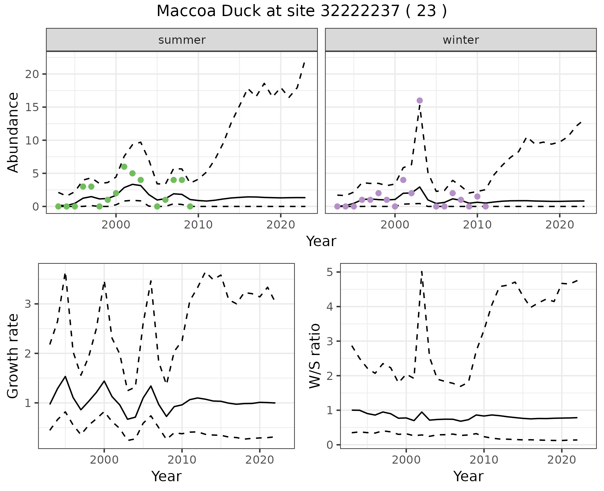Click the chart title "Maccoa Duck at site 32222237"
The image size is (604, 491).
click(x=301, y=11)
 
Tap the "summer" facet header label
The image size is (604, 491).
click(x=182, y=40)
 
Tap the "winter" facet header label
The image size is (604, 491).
click(x=461, y=40)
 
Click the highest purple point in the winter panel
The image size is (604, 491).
click(x=420, y=101)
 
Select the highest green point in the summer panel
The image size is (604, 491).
click(x=124, y=167)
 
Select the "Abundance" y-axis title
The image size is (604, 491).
click(x=13, y=132)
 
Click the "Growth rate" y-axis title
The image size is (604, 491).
click(x=13, y=356)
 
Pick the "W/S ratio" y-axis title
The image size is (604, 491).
click(x=315, y=356)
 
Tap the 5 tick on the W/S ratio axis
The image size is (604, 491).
click(x=333, y=272)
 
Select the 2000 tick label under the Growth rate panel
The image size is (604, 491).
click(x=104, y=460)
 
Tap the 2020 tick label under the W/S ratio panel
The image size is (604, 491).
click(x=562, y=460)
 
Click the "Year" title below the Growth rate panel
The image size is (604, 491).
click(x=166, y=477)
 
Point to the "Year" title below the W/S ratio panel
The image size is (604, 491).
click(x=468, y=477)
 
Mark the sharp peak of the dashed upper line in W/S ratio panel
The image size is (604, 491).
click(x=422, y=271)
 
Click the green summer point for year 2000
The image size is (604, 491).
click(x=116, y=193)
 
